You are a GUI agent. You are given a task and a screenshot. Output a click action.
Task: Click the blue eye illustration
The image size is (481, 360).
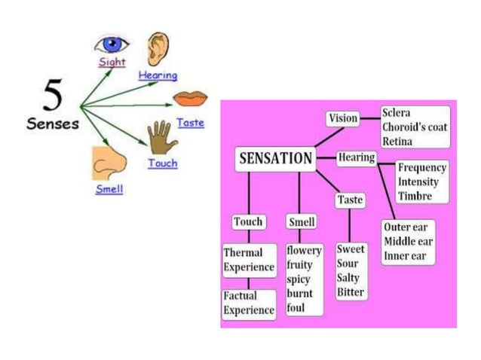click(x=112, y=44)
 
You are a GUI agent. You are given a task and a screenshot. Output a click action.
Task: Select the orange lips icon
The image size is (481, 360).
click(x=190, y=99)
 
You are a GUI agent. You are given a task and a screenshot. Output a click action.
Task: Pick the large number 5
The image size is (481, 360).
click(x=52, y=96)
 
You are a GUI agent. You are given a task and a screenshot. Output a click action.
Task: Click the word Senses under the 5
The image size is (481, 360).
click(x=53, y=124)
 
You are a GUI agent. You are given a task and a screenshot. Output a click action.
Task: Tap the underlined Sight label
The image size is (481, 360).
click(x=112, y=63)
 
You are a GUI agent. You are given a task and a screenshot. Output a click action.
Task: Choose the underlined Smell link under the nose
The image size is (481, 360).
click(x=109, y=189)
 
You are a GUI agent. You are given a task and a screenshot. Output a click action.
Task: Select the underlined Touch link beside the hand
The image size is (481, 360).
click(x=163, y=163)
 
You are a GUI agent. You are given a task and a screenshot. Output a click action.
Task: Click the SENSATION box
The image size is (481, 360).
click(x=275, y=158)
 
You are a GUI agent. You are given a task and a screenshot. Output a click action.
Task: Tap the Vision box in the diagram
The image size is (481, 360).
click(x=343, y=118)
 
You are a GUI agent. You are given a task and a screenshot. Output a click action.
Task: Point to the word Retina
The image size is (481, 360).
click(x=398, y=140)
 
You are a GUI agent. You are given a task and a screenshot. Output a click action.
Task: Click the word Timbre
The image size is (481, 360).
click(x=415, y=196)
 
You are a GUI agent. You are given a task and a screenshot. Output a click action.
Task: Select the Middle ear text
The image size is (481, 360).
click(x=409, y=241)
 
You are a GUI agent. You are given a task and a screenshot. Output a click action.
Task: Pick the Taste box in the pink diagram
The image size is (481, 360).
click(x=350, y=200)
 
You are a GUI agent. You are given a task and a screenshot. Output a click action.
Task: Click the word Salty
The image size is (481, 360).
click(x=350, y=278)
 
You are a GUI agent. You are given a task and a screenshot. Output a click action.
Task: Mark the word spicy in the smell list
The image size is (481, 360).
click(x=299, y=279)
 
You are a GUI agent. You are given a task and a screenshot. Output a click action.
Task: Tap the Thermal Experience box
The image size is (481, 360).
click(x=249, y=259)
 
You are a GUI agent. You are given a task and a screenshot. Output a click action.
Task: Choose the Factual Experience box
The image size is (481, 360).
click(x=249, y=303)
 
